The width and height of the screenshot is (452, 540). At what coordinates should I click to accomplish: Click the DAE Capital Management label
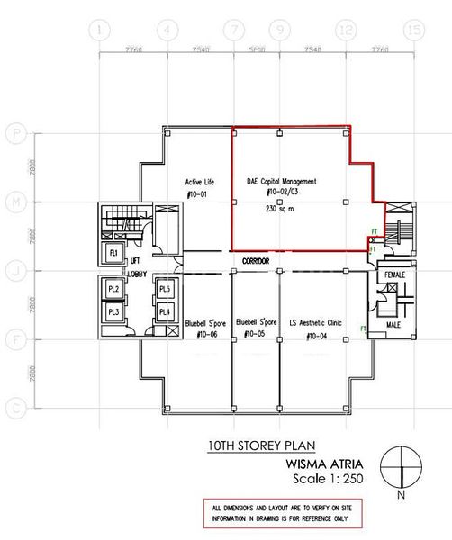[x=281, y=181]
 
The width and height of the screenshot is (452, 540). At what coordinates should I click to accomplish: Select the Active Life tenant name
[x=197, y=181]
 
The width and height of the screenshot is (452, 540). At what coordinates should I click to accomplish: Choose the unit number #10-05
[x=255, y=335]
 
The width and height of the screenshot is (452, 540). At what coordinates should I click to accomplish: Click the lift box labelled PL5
[x=165, y=289]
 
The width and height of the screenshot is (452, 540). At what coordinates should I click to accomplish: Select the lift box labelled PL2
[x=113, y=289]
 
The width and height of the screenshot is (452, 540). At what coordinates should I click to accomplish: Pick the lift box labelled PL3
[x=113, y=311]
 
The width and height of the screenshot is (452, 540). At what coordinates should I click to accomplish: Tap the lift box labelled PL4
[x=165, y=311]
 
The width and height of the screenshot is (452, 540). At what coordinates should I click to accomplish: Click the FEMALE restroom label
[x=394, y=274]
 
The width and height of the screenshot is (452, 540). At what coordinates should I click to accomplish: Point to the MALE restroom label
[x=394, y=323]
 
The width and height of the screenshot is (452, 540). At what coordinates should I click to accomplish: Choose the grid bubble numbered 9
[x=282, y=30]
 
